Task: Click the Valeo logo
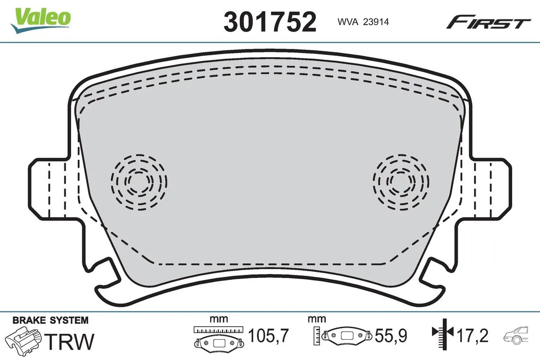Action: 41,19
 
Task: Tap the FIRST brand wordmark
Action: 488,22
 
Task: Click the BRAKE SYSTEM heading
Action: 50,321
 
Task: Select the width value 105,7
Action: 268,336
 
